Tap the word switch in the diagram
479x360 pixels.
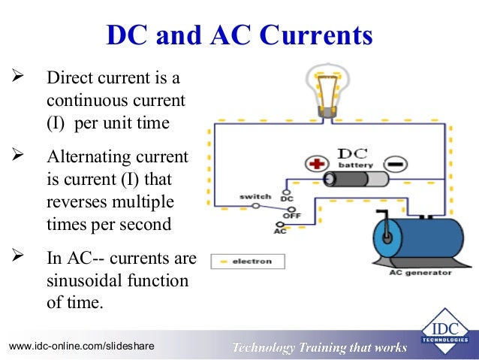pyautogui.click(x=255, y=196)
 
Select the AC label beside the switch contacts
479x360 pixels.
pyautogui.click(x=280, y=231)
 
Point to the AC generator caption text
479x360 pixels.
pyautogui.click(x=420, y=273)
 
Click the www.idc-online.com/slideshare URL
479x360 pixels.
pyautogui.click(x=81, y=346)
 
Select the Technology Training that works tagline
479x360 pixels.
pyautogui.click(x=319, y=347)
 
